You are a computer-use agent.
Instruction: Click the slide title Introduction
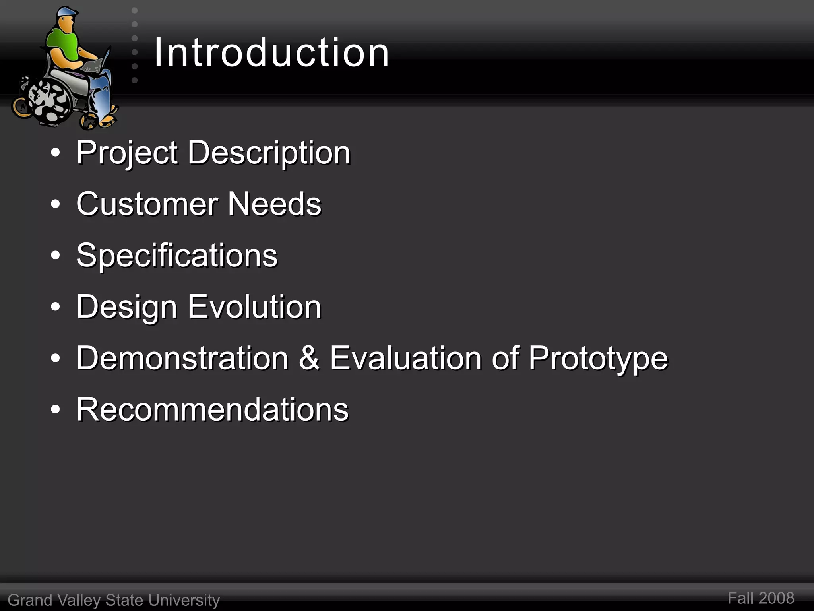271,52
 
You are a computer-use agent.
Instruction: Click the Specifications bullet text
177,255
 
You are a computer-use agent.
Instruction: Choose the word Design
126,307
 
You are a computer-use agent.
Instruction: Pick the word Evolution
254,307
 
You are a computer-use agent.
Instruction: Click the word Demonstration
182,358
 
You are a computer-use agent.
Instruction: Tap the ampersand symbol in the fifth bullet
309,358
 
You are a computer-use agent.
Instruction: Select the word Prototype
598,358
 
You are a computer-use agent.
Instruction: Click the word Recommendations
212,409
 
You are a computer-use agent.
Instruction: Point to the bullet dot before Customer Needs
56,204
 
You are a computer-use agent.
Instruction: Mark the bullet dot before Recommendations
56,410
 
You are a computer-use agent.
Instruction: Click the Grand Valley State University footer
114,600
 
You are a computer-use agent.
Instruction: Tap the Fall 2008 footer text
761,598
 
